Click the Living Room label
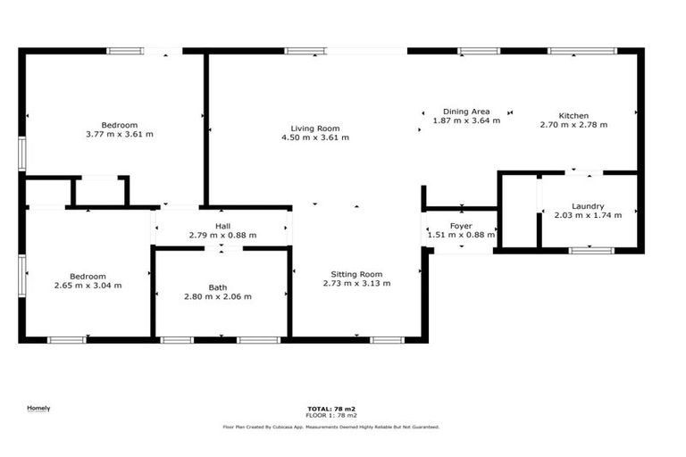314,129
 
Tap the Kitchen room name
573,116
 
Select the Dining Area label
465,111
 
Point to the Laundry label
588,206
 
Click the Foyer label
461,226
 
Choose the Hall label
222,226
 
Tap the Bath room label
218,287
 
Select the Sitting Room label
356,274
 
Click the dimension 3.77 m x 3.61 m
119,134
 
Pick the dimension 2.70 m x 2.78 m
573,125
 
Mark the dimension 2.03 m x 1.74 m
588,215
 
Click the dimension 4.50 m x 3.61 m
314,137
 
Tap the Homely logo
38,409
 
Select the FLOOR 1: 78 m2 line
331,416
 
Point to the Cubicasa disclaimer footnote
331,428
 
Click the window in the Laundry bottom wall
591,251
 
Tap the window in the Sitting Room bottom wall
387,340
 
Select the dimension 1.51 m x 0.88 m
461,236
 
